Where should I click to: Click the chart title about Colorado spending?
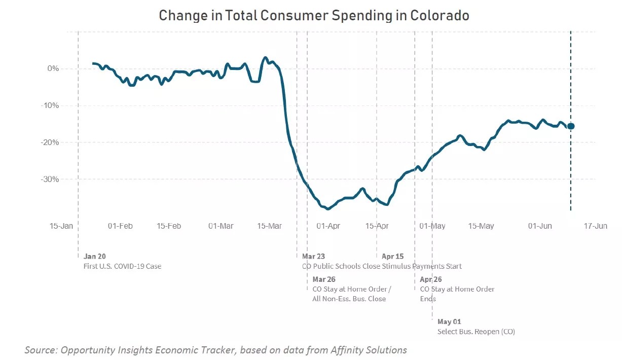[314, 15]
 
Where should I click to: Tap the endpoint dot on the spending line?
[571, 126]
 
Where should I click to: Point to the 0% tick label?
[52, 68]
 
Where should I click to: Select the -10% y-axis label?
[50, 105]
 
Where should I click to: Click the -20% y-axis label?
[50, 142]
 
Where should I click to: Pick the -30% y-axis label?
[50, 179]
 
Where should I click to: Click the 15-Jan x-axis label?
[62, 226]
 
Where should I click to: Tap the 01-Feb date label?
[120, 226]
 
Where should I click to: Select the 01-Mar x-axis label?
[221, 226]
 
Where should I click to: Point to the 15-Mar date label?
[270, 226]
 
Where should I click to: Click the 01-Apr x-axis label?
[328, 226]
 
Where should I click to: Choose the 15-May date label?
[481, 226]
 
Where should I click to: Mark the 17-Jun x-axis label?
[595, 226]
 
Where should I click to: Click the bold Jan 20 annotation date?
[95, 257]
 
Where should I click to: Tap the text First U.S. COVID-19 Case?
[122, 266]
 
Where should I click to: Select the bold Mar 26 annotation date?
[324, 279]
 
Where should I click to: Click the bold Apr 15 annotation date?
[392, 257]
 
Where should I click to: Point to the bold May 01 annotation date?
[450, 322]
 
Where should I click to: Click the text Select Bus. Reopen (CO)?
[476, 332]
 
